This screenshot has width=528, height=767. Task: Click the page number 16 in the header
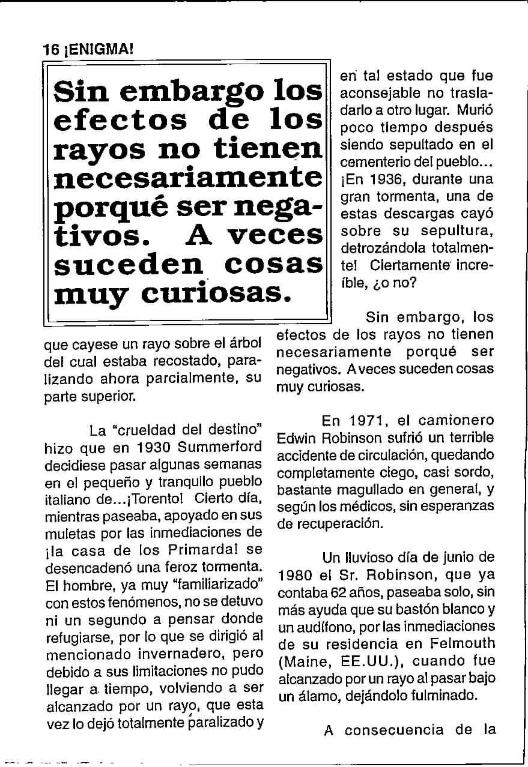[x=50, y=51]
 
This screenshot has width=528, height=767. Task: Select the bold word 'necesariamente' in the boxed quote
[x=188, y=177]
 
